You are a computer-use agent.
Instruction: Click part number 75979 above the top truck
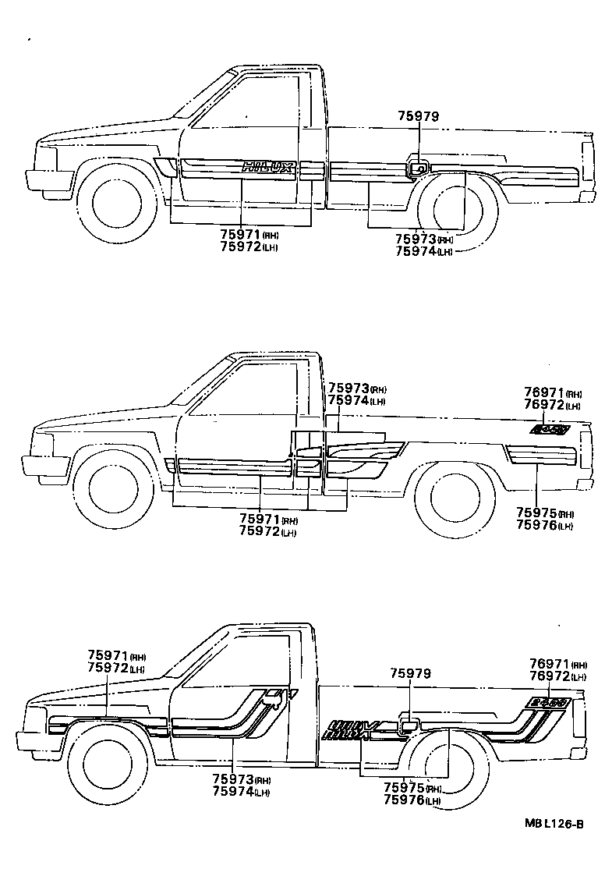pyautogui.click(x=419, y=116)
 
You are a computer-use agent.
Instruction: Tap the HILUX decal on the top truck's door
pyautogui.click(x=268, y=166)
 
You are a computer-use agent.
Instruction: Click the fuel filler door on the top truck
pyautogui.click(x=419, y=167)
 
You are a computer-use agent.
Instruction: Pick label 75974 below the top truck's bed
pyautogui.click(x=415, y=251)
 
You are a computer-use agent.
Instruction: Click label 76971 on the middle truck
pyautogui.click(x=543, y=394)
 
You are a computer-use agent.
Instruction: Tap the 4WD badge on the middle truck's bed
pyautogui.click(x=550, y=429)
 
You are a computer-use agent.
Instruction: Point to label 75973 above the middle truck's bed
pyautogui.click(x=348, y=388)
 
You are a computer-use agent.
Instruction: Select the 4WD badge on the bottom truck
pyautogui.click(x=547, y=702)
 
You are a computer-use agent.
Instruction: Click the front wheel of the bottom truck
pyautogui.click(x=107, y=761)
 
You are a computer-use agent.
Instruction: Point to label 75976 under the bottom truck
pyautogui.click(x=405, y=800)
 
